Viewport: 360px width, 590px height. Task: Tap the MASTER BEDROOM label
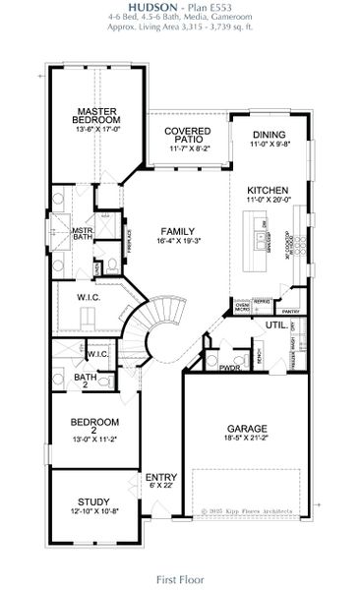point(98,115)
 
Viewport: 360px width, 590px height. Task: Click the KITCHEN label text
point(267,190)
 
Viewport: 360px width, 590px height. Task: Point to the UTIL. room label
point(274,324)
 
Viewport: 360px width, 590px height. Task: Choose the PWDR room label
point(230,369)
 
